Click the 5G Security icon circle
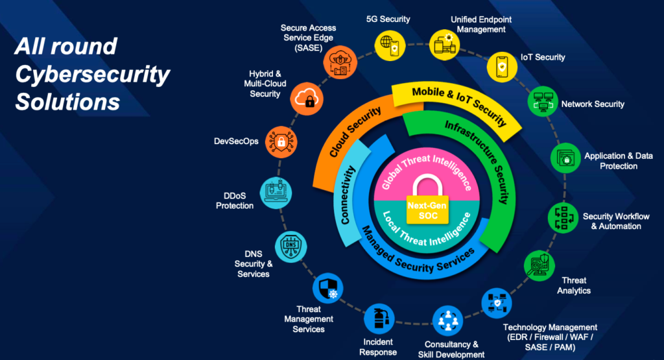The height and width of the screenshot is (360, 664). (x=388, y=45)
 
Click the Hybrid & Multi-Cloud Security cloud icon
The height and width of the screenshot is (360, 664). (x=305, y=98)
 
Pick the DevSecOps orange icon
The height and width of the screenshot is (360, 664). (x=281, y=141)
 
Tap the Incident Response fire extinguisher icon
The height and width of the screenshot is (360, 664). (x=379, y=318)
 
